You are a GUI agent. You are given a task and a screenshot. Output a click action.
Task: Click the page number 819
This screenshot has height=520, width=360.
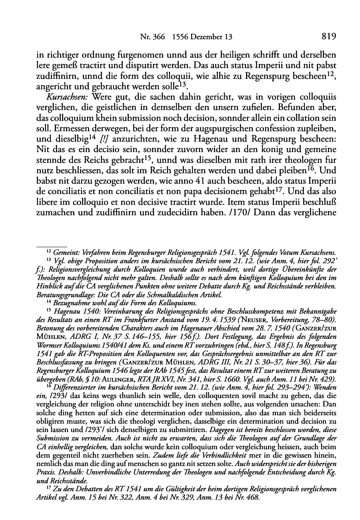coord(328,37)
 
